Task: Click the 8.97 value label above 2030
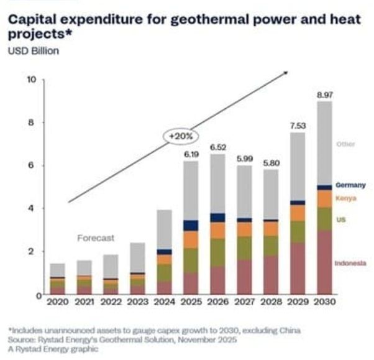[324, 95]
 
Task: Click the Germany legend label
[350, 185]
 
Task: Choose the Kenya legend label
[345, 198]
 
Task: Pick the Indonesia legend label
[350, 264]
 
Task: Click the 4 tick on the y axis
[33, 208]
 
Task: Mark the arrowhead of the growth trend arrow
[286, 73]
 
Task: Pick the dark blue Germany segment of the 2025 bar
[191, 226]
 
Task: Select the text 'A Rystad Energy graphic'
[53, 349]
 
